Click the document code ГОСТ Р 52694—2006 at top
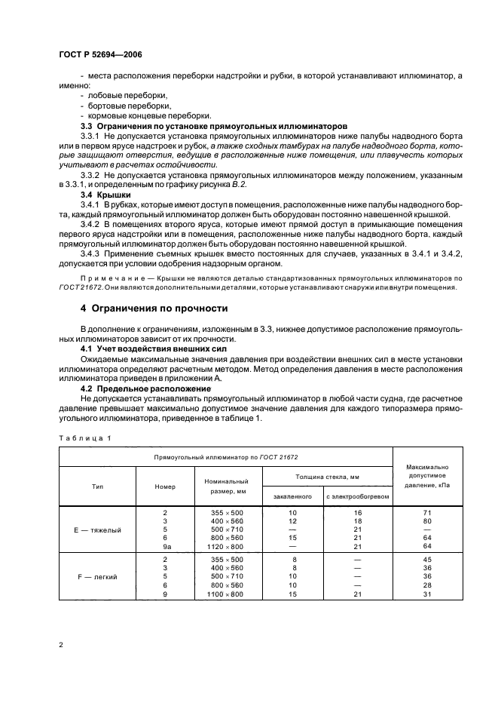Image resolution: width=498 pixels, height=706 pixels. point(100,55)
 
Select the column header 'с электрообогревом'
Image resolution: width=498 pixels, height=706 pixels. point(358,496)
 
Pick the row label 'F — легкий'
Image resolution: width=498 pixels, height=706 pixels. point(97,576)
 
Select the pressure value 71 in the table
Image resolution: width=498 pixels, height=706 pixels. point(428,512)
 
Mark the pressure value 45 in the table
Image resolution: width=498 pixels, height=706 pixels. point(428,559)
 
